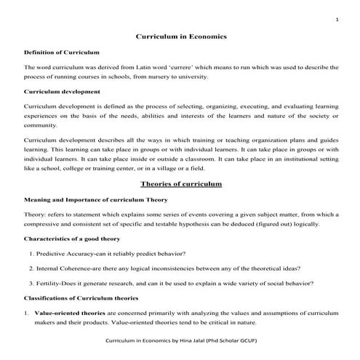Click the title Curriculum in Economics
tap(182, 36)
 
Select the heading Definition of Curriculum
tap(61, 52)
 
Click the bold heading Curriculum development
tap(60, 92)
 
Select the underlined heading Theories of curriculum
tap(181, 185)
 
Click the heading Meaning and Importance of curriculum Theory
tap(96, 199)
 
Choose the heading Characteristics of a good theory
tap(73, 239)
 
